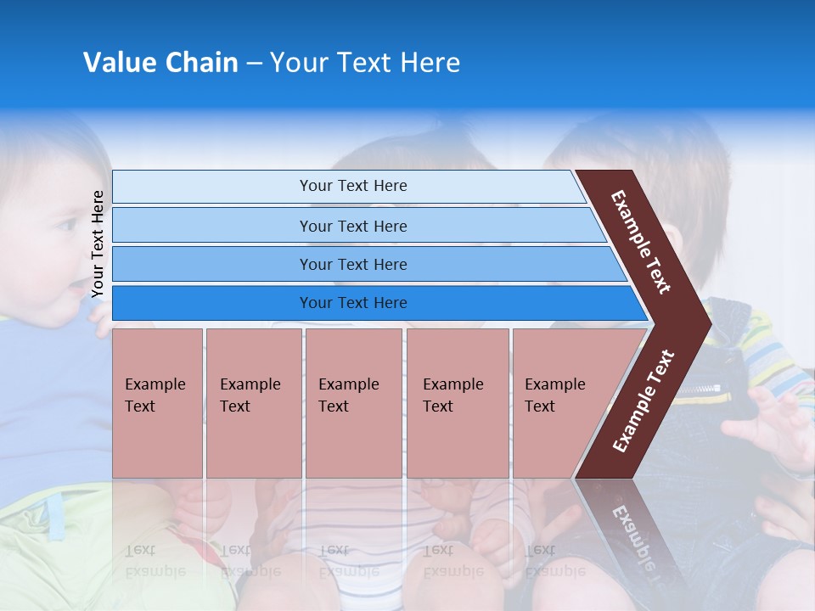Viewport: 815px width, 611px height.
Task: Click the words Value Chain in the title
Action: (x=160, y=63)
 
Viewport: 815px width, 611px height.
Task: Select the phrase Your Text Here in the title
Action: (x=365, y=63)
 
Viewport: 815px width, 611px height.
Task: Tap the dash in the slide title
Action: (x=254, y=64)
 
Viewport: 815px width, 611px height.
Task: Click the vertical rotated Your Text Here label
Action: (x=98, y=244)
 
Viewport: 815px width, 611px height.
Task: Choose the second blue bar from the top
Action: (x=353, y=226)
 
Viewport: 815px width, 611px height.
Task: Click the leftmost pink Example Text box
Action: (x=157, y=402)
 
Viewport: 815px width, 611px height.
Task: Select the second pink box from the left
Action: (x=253, y=402)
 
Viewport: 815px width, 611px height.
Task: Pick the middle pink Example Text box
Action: (x=353, y=402)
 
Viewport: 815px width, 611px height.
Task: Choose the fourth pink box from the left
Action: (x=458, y=402)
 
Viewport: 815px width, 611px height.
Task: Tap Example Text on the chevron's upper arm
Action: (x=641, y=241)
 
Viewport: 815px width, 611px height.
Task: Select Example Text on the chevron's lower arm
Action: (x=644, y=401)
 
